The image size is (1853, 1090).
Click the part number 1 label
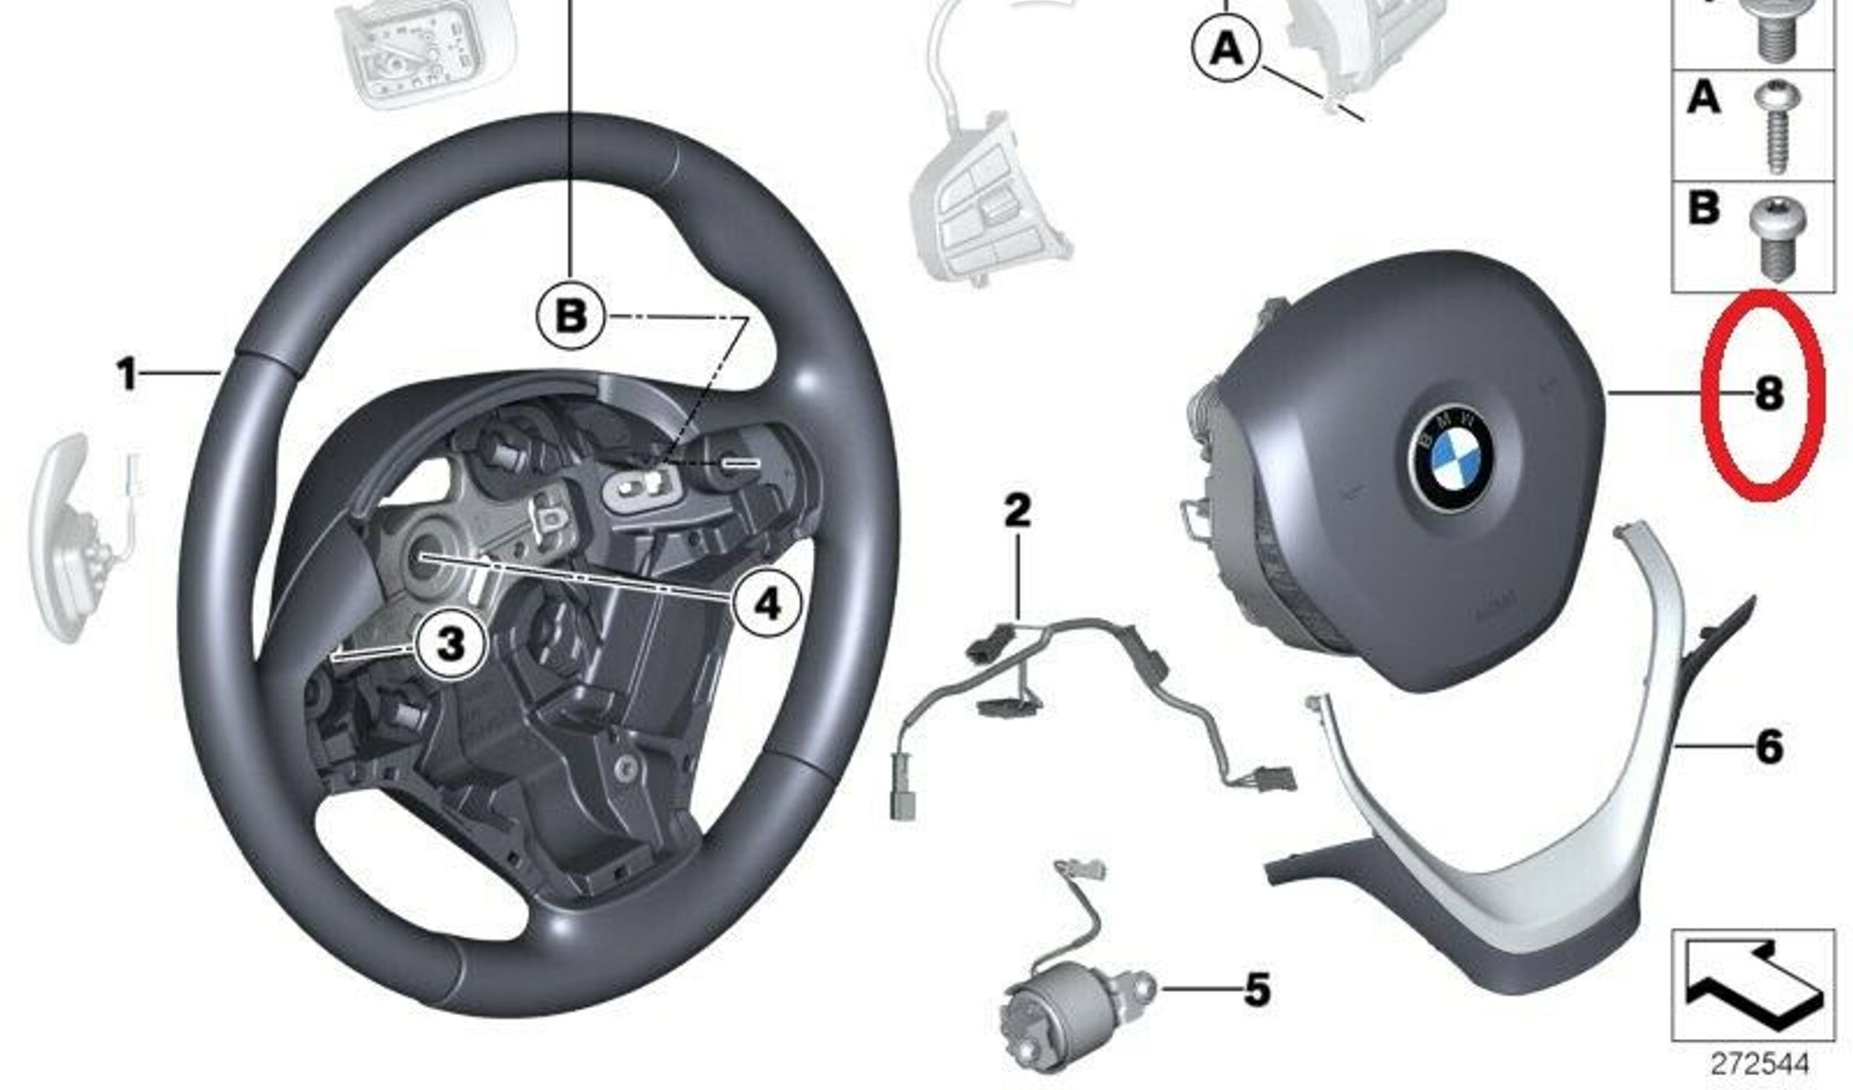(x=128, y=374)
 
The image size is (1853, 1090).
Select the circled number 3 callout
(x=450, y=645)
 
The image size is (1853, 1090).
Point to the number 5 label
(x=1257, y=989)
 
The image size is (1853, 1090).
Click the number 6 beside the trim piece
(x=1768, y=746)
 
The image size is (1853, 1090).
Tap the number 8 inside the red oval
(x=1768, y=394)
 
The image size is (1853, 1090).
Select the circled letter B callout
(x=571, y=317)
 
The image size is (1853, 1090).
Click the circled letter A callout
(x=1226, y=49)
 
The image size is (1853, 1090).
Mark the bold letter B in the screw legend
(x=1704, y=208)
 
